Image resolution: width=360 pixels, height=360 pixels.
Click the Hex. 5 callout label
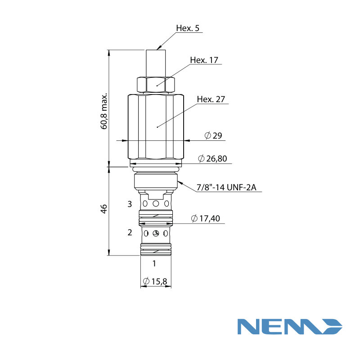(188, 28)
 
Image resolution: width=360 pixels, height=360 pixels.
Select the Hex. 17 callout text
(204, 60)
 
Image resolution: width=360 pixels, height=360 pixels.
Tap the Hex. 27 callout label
(211, 99)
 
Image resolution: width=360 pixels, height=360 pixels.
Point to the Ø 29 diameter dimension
(213, 135)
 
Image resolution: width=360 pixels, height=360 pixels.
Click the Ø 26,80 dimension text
(212, 158)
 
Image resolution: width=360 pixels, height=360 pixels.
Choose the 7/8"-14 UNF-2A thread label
(226, 187)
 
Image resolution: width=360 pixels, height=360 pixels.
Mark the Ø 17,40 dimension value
(206, 218)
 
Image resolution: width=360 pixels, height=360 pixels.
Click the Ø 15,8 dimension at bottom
(155, 281)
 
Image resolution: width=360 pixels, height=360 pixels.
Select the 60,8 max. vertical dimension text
(104, 111)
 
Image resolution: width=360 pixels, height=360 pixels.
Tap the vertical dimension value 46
(104, 209)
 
